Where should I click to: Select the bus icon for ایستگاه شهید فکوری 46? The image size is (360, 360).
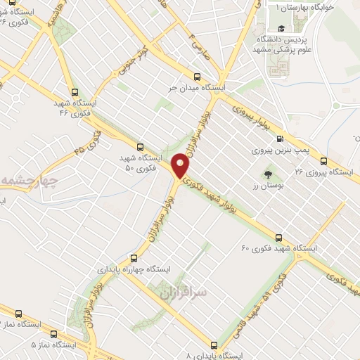click(75, 91)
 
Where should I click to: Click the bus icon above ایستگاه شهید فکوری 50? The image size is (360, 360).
click(140, 147)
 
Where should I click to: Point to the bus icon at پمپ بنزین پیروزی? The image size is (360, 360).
click(280, 139)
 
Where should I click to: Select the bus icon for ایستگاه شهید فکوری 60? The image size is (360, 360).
click(279, 237)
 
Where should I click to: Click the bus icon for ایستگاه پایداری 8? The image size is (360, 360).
click(214, 345)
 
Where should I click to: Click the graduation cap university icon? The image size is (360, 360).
click(281, 28)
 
